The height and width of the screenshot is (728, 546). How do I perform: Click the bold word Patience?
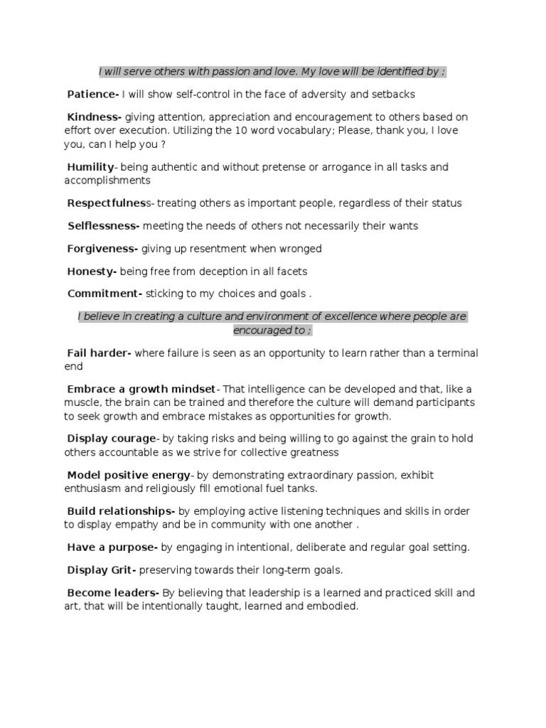(x=92, y=94)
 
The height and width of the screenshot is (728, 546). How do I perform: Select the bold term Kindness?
(x=94, y=117)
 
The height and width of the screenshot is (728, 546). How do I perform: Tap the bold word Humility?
(x=90, y=167)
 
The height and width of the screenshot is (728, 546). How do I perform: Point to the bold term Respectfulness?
(x=106, y=203)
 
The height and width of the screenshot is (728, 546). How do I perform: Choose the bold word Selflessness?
(x=103, y=226)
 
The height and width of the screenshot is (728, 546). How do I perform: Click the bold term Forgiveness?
(x=102, y=249)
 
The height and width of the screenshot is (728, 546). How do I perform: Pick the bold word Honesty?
(x=92, y=272)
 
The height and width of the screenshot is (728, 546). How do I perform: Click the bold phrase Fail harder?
(x=98, y=353)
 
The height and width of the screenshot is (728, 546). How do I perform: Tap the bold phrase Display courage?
(x=111, y=439)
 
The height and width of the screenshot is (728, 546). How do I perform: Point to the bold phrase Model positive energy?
(x=129, y=475)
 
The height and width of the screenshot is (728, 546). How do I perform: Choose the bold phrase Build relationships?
(x=119, y=511)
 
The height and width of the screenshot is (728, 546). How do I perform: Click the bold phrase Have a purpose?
(x=111, y=547)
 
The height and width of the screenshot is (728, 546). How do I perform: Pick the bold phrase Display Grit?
(x=101, y=570)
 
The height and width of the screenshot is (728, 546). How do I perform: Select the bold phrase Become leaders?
(x=112, y=593)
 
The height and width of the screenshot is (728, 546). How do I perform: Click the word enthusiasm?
(x=96, y=488)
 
